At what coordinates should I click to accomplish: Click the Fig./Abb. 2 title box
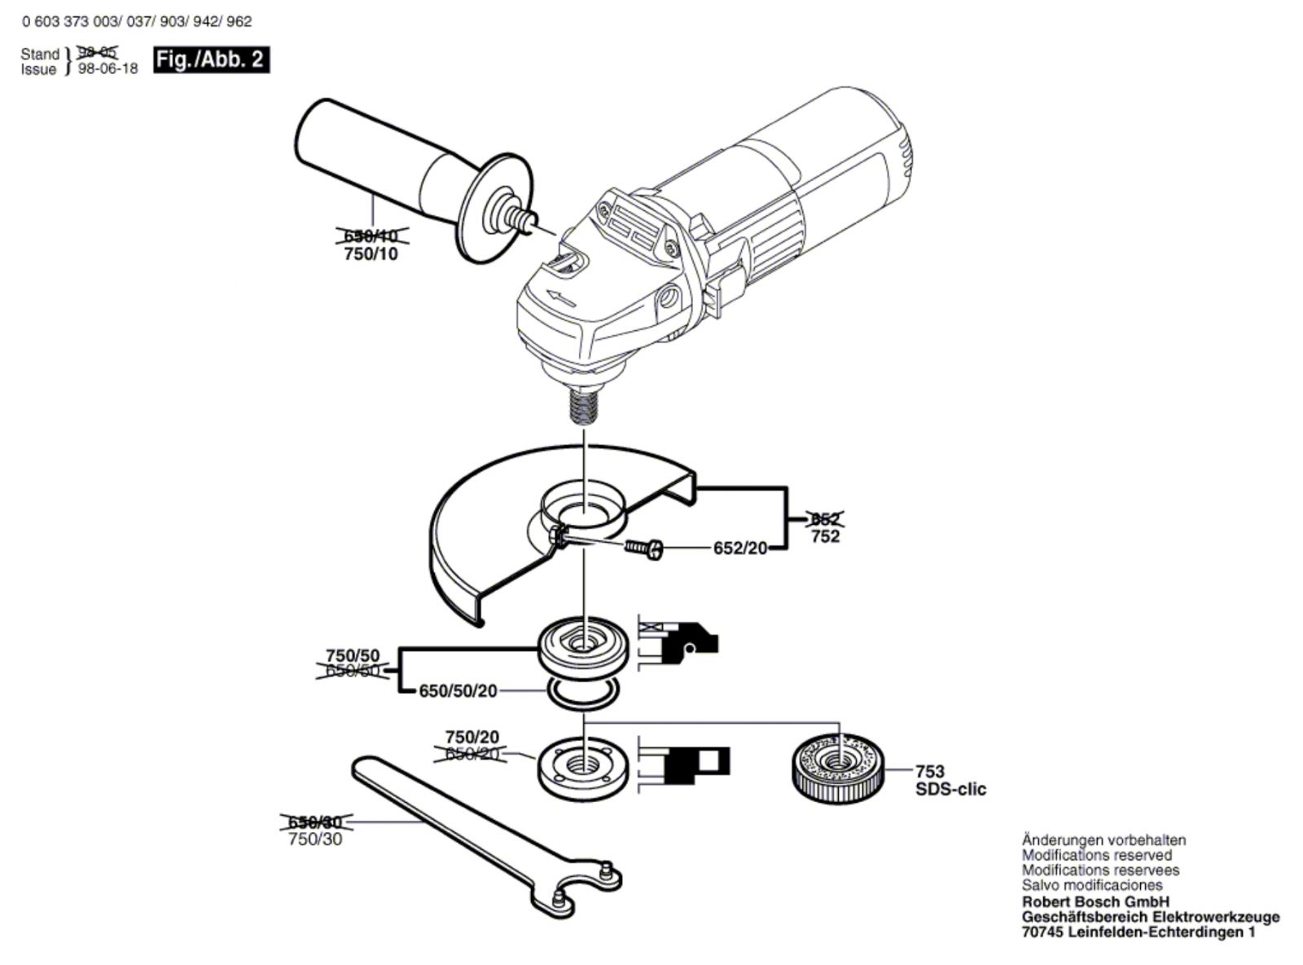(211, 59)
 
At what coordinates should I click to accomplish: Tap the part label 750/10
(371, 254)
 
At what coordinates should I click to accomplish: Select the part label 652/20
(740, 549)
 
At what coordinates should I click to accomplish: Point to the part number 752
(825, 536)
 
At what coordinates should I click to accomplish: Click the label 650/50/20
(458, 691)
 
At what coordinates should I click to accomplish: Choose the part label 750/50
(352, 655)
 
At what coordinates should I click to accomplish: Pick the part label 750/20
(472, 738)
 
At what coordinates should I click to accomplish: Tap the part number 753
(929, 771)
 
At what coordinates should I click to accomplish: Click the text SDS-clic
(950, 789)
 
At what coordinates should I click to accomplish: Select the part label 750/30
(315, 839)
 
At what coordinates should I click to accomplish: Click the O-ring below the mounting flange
(583, 694)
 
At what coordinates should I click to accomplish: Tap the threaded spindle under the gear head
(583, 404)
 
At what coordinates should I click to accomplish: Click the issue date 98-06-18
(107, 69)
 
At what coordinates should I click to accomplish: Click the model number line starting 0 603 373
(137, 22)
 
